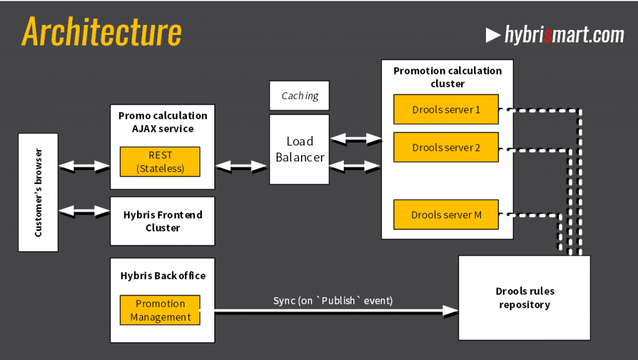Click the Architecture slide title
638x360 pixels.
pos(102,32)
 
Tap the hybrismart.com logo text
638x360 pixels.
pos(564,35)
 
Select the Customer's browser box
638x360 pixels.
pos(38,192)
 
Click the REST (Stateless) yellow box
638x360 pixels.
pos(160,162)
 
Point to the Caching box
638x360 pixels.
pos(299,96)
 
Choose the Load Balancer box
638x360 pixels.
pos(299,149)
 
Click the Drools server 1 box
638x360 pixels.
pos(446,110)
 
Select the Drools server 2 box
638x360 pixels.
pos(446,148)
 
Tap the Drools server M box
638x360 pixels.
pos(446,215)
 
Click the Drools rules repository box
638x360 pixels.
pos(525,298)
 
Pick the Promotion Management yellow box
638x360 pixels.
pos(160,310)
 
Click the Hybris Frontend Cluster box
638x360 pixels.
pos(163,221)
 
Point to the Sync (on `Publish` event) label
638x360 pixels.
pos(333,301)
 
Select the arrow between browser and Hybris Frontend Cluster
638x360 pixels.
pos(84,211)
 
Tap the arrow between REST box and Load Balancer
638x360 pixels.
pos(241,166)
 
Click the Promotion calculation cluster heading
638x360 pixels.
pos(447,77)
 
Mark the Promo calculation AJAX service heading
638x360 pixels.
pos(163,122)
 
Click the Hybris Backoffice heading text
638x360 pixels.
pos(163,275)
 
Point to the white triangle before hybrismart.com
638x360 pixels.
pos(493,35)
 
